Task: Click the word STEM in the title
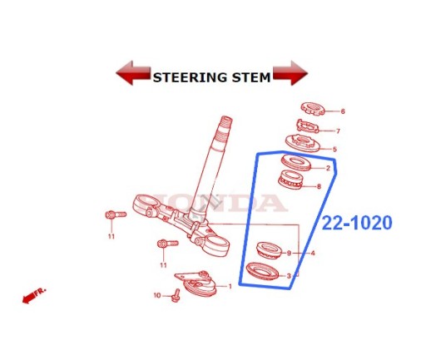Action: (251, 77)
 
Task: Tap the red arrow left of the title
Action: (133, 73)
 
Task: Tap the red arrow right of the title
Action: (290, 73)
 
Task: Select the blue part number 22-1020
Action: (357, 223)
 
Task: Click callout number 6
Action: (343, 111)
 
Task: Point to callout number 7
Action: (338, 131)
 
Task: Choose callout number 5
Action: (334, 150)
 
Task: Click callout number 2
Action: (328, 168)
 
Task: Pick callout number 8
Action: (319, 186)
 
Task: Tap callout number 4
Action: (313, 253)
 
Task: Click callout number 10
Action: (157, 295)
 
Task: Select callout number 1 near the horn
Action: (230, 286)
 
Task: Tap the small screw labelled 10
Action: (176, 295)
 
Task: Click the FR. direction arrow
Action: (34, 296)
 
